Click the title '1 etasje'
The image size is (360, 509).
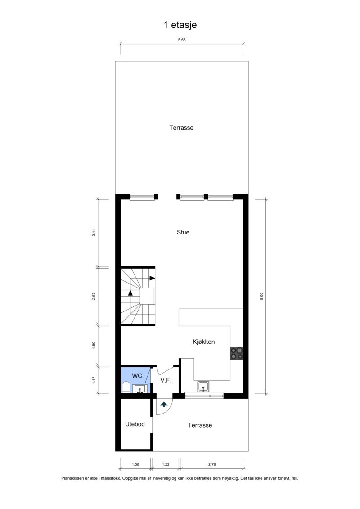coord(180,25)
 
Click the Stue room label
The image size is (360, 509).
coord(183,232)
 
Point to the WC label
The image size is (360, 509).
coord(137,375)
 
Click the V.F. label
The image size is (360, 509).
coord(166,380)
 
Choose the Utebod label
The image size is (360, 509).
coord(135,424)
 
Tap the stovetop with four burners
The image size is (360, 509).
coord(237,353)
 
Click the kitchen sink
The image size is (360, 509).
coord(203,387)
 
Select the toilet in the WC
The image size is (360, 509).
coord(126,387)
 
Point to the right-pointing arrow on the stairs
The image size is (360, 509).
coord(152,278)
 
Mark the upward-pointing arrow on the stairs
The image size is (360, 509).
coord(130,293)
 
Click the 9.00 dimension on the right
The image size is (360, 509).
coord(261,296)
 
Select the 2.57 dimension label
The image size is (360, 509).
coord(94,296)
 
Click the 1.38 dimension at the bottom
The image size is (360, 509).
coord(135,464)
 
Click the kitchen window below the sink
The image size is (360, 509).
coord(204,396)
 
